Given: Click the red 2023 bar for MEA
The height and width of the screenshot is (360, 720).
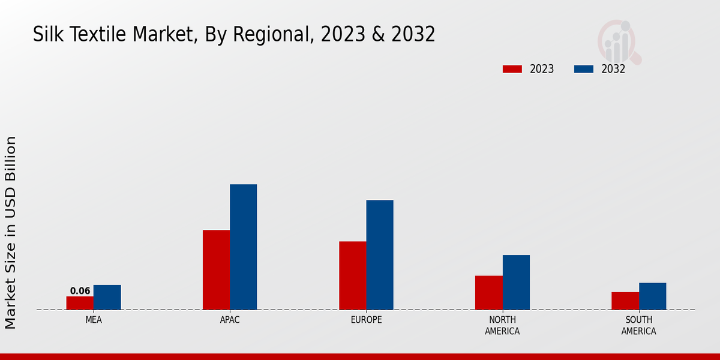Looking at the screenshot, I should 80,303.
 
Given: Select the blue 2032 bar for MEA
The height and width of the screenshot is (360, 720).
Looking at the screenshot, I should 107,298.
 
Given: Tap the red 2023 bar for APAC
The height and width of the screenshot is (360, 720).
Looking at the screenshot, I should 216,270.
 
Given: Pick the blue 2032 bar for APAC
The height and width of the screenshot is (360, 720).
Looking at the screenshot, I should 243,247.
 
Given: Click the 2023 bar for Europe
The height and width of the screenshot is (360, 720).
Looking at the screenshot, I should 352,275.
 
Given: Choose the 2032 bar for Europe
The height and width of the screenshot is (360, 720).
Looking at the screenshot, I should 380,255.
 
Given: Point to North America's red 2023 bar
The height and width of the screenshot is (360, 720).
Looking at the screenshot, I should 488,293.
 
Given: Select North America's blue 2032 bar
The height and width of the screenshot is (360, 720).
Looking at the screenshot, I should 516,283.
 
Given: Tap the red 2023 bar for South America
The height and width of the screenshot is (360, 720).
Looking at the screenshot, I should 625,301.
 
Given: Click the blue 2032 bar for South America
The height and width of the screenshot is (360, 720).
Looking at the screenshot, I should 652,296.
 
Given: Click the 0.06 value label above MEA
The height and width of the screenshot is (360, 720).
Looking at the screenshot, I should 80,291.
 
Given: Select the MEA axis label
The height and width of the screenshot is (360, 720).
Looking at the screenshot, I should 94,320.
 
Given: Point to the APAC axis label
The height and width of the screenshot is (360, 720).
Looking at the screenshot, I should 230,320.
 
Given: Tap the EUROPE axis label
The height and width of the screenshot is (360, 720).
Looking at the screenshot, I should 366,320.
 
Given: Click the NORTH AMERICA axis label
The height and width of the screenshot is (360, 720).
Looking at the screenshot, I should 502,326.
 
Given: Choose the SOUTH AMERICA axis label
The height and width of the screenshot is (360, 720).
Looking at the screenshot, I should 638,326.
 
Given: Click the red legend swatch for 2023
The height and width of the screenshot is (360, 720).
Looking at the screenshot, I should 512,69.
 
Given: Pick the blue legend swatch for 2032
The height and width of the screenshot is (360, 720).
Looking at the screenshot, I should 583,69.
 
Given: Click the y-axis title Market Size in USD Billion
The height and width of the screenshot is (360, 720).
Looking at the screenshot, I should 11,233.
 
